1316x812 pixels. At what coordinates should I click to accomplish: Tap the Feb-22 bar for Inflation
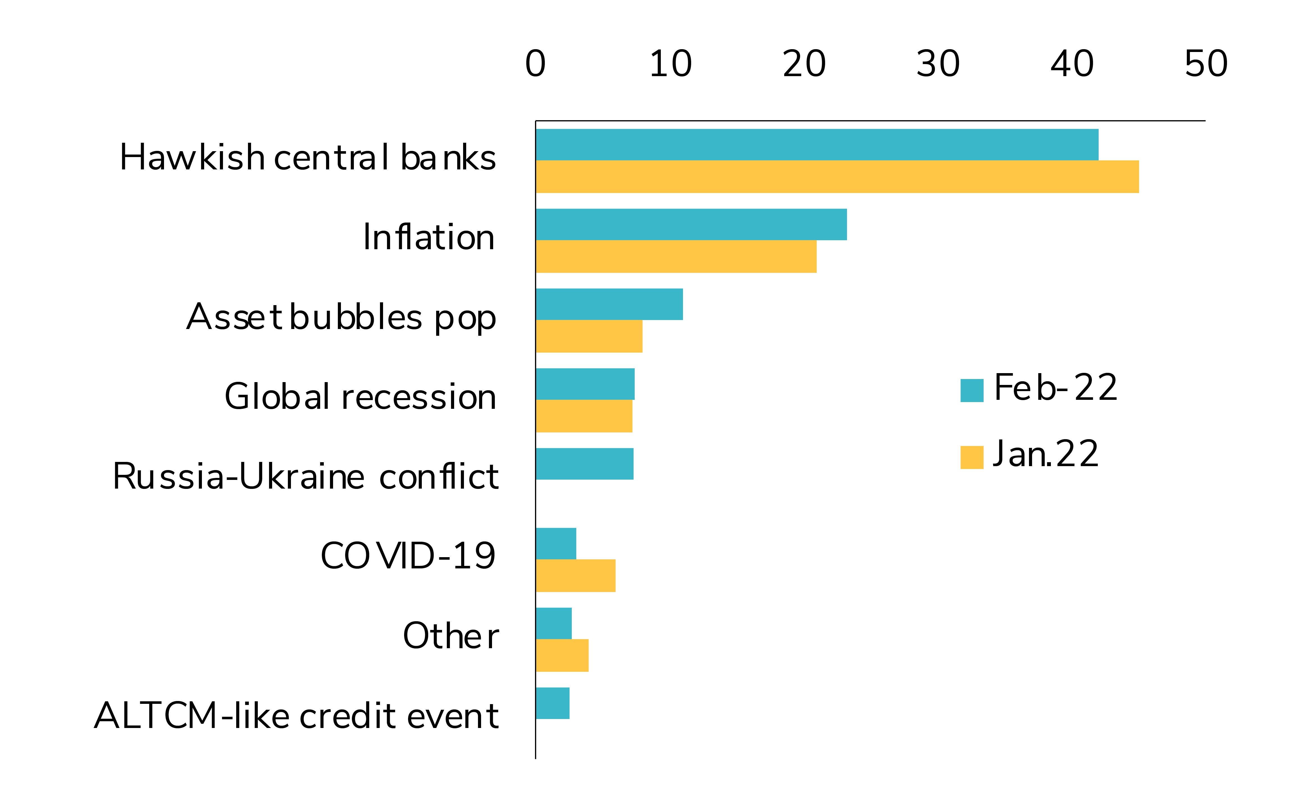click(691, 224)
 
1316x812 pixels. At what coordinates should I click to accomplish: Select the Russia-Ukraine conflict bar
click(584, 464)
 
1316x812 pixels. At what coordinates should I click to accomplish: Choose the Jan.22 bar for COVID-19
click(575, 576)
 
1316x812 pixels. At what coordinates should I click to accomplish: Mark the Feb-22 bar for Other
click(553, 623)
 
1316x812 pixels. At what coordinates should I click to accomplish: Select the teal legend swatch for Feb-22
click(972, 391)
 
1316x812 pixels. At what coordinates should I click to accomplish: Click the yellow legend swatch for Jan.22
click(972, 457)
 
